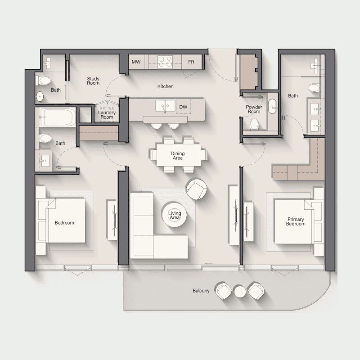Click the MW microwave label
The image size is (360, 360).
[136, 62]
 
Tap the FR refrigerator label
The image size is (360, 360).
[191, 62]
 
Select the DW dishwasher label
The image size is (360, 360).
[183, 107]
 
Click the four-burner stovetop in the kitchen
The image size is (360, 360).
[165, 62]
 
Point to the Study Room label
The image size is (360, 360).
[93, 81]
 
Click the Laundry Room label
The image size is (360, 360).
[107, 115]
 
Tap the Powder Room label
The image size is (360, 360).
[254, 109]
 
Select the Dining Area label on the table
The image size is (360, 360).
[178, 156]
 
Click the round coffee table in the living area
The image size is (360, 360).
[174, 215]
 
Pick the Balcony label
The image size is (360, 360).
[201, 291]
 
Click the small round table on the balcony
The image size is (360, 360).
[240, 291]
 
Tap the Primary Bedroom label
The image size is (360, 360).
[296, 221]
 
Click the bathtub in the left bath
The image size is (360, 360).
[58, 117]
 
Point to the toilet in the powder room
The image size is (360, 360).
[254, 124]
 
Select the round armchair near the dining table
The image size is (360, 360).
[196, 189]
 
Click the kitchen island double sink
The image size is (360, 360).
[165, 106]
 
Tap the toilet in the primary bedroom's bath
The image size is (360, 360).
[314, 88]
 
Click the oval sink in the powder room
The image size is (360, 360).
[273, 107]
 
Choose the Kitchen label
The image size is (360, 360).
[165, 86]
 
